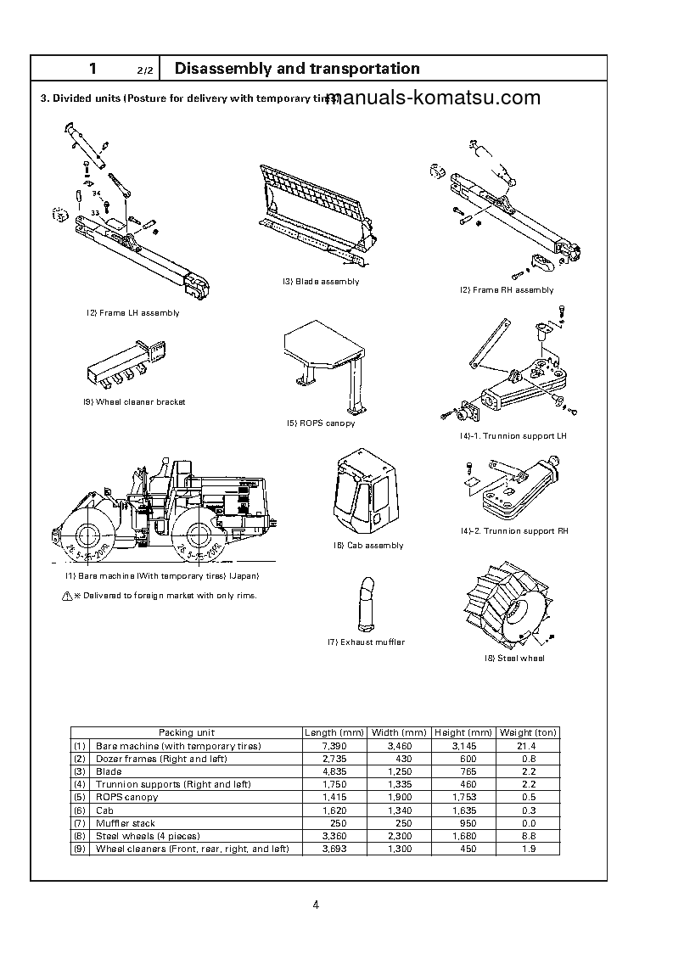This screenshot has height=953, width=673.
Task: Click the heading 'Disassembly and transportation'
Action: (x=296, y=69)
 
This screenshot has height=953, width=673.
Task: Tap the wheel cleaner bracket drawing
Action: (x=126, y=360)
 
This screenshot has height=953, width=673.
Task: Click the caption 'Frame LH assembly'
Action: (x=132, y=313)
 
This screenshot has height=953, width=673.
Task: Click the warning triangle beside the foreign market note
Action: (x=67, y=597)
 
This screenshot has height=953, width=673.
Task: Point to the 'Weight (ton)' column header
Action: (x=528, y=732)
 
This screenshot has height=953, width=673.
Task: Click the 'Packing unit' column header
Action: (x=187, y=732)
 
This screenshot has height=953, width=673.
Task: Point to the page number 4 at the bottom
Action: (x=316, y=905)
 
